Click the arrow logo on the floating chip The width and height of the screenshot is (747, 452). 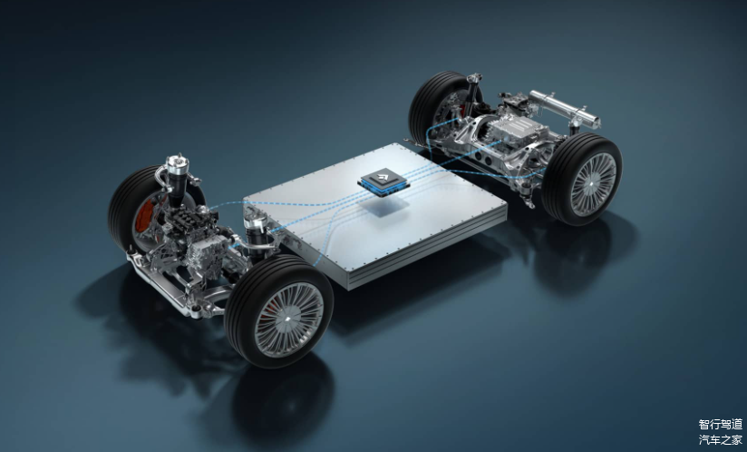point(383,179)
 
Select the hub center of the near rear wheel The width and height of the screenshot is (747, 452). point(592,183)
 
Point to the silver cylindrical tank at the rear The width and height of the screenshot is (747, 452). point(564,109)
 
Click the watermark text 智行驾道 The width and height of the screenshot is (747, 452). point(721,425)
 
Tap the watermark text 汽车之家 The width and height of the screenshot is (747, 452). point(721,439)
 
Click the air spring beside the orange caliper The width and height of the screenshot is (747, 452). point(177,181)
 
